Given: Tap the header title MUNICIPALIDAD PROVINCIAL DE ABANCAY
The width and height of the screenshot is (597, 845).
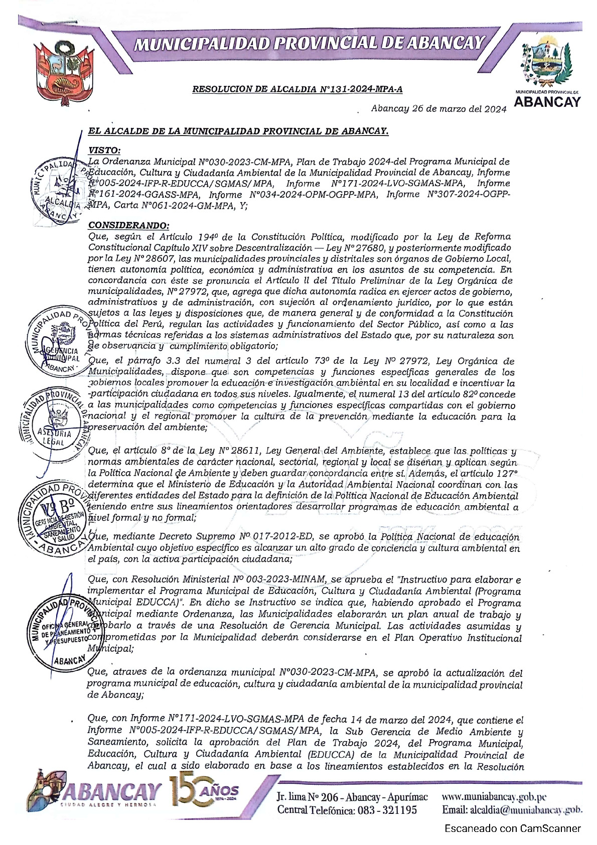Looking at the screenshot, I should (x=309, y=44).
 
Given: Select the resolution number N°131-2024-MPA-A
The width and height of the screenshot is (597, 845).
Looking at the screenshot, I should (x=361, y=90).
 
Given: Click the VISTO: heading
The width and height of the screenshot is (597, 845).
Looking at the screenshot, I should (x=104, y=150).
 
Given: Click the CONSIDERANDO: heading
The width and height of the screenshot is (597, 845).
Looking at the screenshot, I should (x=128, y=226).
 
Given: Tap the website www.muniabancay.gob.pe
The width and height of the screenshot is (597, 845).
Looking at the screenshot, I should (x=494, y=796).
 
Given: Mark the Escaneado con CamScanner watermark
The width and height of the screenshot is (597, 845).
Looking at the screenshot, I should (x=512, y=828).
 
